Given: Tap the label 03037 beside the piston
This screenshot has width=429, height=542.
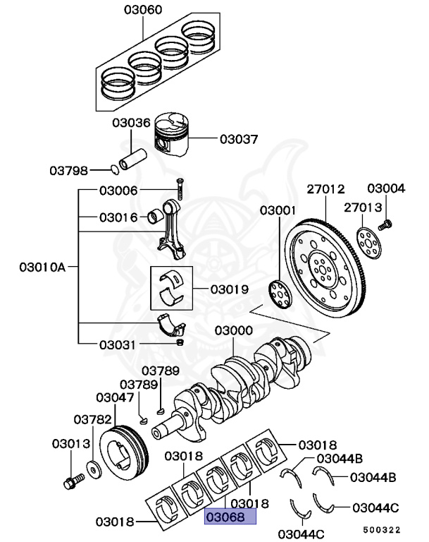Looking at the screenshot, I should (x=239, y=139).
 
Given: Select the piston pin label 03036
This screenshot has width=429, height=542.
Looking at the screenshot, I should (x=131, y=123).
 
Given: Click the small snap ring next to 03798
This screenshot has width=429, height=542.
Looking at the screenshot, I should (x=116, y=169).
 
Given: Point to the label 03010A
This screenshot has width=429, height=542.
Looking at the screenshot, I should (x=42, y=267).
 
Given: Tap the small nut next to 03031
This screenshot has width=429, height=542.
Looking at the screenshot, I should (x=180, y=342).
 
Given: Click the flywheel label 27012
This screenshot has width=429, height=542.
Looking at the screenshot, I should (x=325, y=188).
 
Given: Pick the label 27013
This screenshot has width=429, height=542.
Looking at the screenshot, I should (x=363, y=207).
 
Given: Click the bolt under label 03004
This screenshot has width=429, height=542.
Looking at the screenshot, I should (x=385, y=225).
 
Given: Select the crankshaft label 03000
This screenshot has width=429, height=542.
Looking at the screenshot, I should (x=234, y=330).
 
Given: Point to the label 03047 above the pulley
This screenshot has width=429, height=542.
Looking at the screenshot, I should (x=115, y=398).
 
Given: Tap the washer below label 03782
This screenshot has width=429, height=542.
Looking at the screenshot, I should (x=92, y=469).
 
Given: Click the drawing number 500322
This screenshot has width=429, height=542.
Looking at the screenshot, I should (x=382, y=529).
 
